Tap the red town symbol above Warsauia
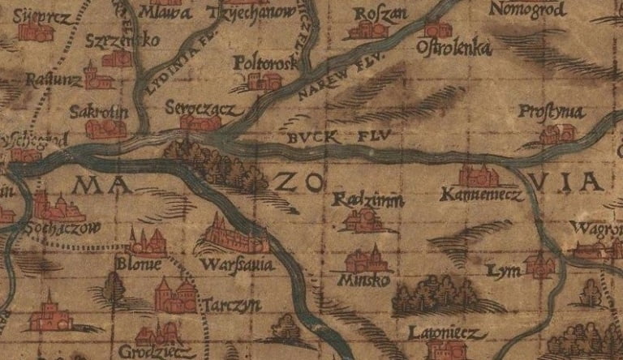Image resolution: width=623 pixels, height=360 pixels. click(234, 237)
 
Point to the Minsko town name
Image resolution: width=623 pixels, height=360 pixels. click(366, 280)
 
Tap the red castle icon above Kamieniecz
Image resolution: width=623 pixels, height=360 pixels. click(478, 175)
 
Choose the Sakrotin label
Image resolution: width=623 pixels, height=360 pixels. click(98, 111)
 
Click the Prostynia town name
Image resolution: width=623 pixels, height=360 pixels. click(551, 112)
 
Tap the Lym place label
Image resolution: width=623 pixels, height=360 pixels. click(501, 269)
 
